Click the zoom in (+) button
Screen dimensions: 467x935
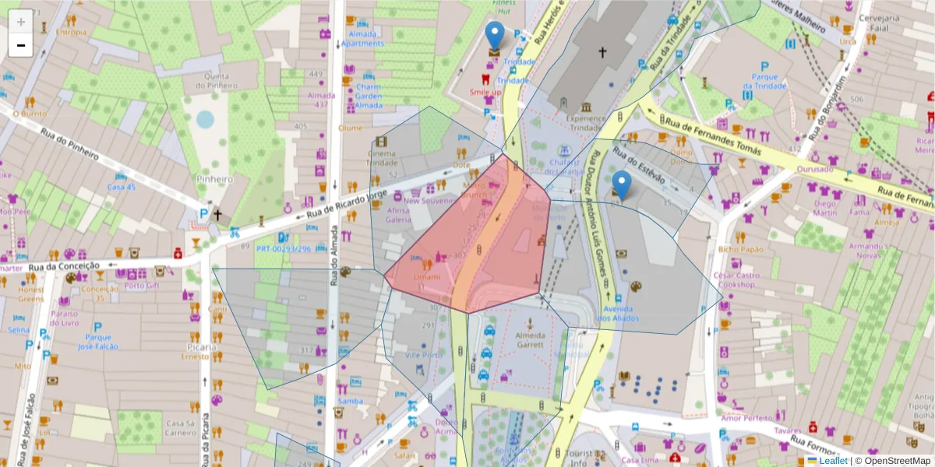click(x=21, y=22)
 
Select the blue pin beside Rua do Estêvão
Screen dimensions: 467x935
click(x=621, y=186)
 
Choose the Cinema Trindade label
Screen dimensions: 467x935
click(x=383, y=157)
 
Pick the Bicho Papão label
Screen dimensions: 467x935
click(x=740, y=249)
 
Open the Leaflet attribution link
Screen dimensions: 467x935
click(x=833, y=461)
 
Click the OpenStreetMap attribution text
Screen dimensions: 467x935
click(x=894, y=461)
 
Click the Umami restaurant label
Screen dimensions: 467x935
click(x=426, y=277)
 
